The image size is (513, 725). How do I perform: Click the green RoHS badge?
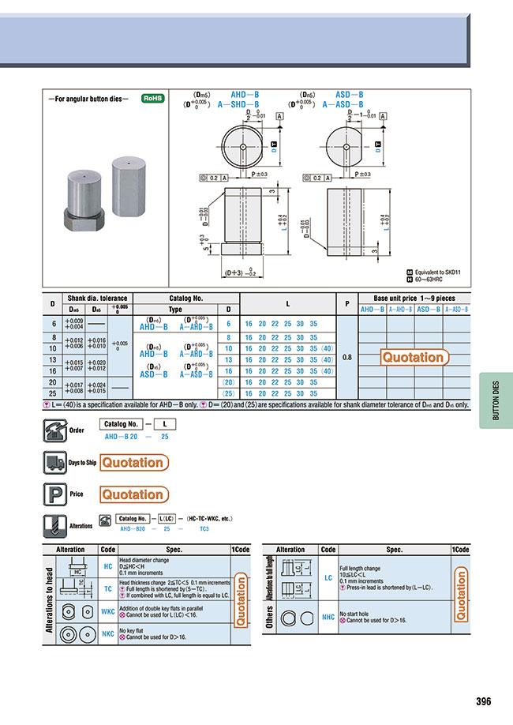coord(152,100)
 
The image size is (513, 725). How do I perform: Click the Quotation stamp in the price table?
coord(414,357)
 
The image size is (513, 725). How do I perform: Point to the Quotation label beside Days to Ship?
coord(133,463)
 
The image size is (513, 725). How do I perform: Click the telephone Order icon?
coord(53,430)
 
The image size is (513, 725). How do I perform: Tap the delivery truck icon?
coord(53,463)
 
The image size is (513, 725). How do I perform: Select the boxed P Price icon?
coord(53,494)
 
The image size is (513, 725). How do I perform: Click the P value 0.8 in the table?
coord(347,356)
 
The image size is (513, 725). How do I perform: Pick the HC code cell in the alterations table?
coord(107,565)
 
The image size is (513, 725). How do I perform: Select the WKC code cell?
coord(107,611)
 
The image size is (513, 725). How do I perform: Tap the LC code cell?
coord(328,578)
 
